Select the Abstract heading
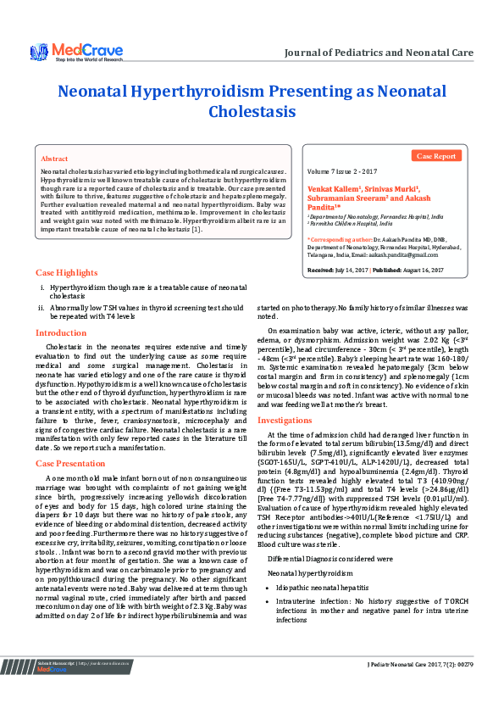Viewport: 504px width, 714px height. [x=54, y=159]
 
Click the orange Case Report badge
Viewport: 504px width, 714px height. [x=437, y=156]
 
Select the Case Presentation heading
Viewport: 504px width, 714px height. [x=69, y=463]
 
